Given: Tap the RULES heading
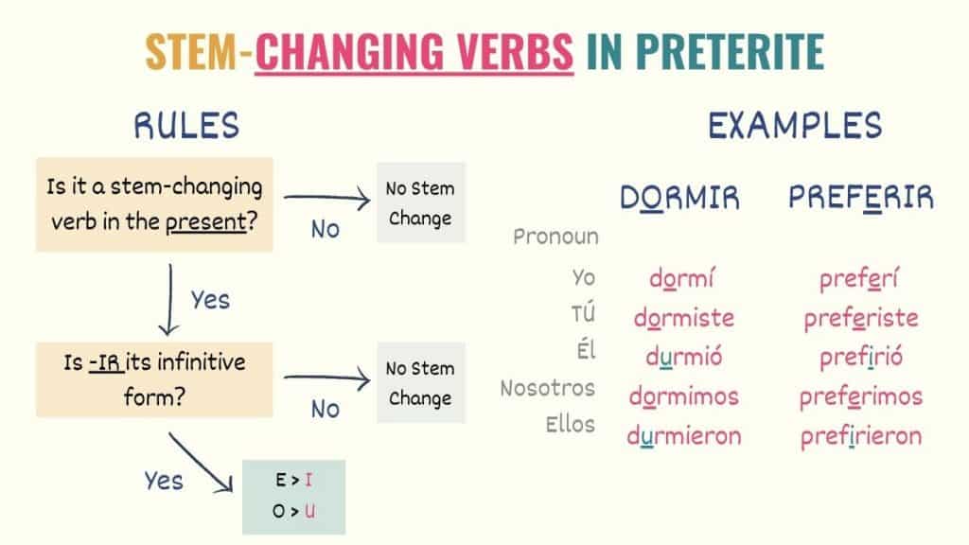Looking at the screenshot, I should coord(186,126).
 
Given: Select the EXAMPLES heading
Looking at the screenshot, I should coord(795,126).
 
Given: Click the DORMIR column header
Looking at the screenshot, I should coord(679,198).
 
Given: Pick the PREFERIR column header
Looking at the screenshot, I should coord(861,198).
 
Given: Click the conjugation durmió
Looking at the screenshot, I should coord(683,357).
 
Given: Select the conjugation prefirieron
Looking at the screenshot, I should coord(861,436).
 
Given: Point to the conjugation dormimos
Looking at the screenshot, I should coord(683,396).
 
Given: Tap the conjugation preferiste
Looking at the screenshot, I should coord(861,318).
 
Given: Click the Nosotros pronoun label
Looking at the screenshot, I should coord(548,388).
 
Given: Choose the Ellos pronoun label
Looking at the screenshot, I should coord(571,424).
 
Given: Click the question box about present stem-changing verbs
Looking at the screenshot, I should coord(154,204).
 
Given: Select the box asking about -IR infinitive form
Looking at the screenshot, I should coord(154,380).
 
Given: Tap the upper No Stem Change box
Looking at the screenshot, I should coord(420,203).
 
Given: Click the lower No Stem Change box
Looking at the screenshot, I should coord(420,383).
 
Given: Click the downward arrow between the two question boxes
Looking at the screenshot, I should coord(170,299).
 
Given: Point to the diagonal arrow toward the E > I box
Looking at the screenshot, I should coord(201,462).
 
